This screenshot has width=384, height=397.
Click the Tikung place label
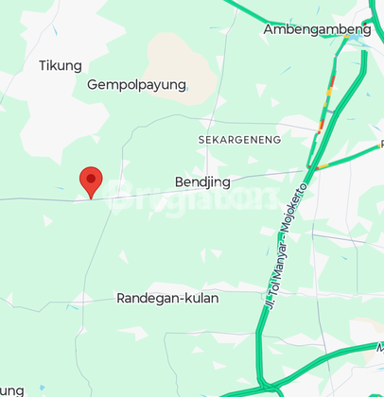click(x=61, y=65)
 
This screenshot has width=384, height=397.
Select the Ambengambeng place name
click(x=317, y=29)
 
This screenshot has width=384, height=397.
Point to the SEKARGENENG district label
click(x=240, y=139)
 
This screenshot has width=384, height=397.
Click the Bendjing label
click(x=202, y=181)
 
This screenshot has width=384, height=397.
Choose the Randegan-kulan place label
click(x=167, y=298)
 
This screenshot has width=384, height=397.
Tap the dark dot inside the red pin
click(x=91, y=176)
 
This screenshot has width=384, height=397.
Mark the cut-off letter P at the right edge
click(x=380, y=144)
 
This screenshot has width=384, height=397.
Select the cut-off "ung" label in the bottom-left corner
click(x=11, y=388)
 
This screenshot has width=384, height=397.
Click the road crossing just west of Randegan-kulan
click(x=83, y=301)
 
